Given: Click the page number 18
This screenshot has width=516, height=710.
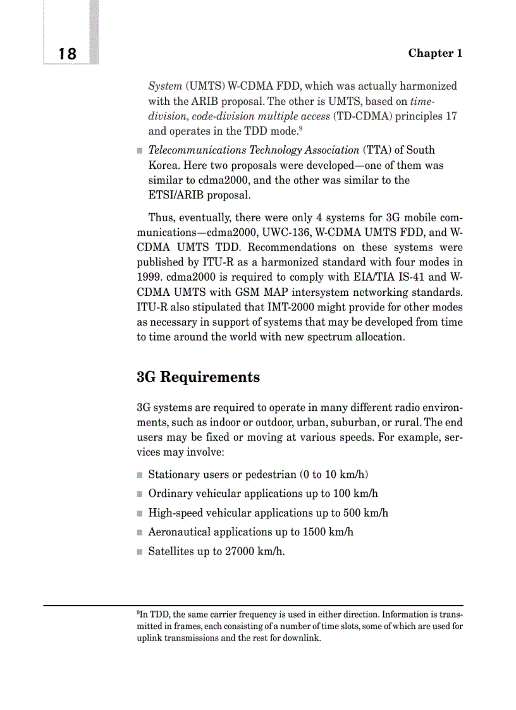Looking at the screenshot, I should (67, 54).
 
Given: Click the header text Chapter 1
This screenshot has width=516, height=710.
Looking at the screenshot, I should (435, 53).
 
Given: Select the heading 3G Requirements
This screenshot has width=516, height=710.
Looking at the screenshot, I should (198, 377).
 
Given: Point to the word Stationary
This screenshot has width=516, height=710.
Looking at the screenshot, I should (173, 475).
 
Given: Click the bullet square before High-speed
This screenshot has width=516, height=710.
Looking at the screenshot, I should (140, 513).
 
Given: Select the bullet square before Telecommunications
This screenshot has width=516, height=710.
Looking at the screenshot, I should (140, 150).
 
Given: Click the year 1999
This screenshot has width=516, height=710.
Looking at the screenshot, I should (150, 278).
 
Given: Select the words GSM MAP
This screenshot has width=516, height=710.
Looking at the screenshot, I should (253, 292).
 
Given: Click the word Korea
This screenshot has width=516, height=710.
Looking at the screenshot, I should (164, 165).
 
